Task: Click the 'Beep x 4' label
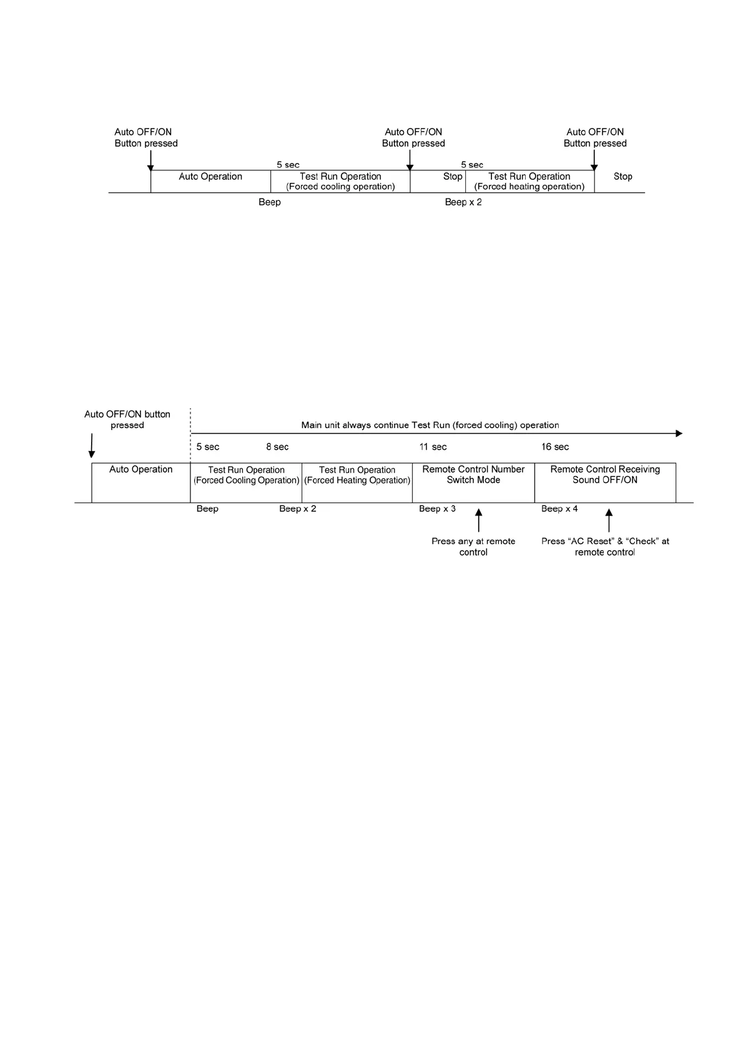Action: coord(559,509)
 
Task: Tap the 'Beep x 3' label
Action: coord(437,509)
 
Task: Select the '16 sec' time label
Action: coord(555,447)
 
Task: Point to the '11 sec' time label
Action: coord(433,447)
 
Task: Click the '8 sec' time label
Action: coord(277,447)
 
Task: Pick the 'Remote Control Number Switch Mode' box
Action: coord(473,482)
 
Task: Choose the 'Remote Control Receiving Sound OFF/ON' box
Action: coord(605,482)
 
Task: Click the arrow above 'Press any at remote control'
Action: coord(479,521)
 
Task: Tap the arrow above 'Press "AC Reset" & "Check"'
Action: coord(609,521)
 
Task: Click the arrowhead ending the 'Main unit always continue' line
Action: coord(679,434)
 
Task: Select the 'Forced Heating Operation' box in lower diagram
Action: coord(357,482)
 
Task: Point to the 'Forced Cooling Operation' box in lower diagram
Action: coord(246,482)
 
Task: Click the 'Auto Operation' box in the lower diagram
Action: coord(140,482)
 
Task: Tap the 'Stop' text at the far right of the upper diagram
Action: coord(622,177)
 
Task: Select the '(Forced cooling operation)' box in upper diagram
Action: coord(340,182)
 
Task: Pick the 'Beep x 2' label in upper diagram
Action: coord(463,202)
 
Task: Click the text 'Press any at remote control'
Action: coord(473,547)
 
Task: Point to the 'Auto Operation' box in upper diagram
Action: coord(210,181)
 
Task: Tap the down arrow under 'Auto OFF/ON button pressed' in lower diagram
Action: coord(92,447)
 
